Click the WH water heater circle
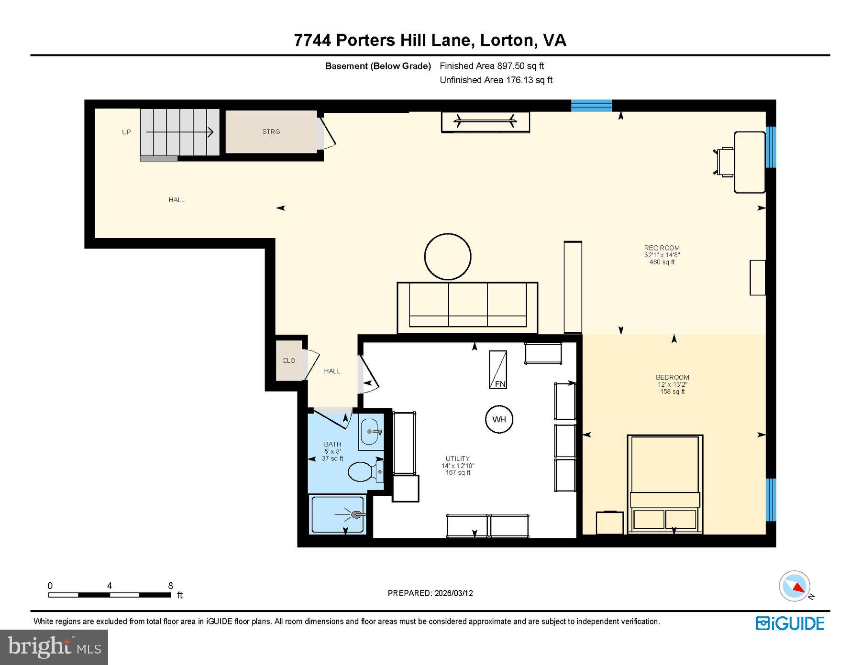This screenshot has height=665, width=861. click(x=499, y=419)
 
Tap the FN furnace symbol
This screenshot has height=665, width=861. click(x=498, y=370)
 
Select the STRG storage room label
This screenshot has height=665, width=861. click(x=271, y=131)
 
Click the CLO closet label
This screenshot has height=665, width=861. click(x=288, y=360)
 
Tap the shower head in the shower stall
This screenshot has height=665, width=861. click(x=356, y=515)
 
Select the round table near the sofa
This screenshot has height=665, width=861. click(x=448, y=257)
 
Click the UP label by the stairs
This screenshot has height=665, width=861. click(x=126, y=132)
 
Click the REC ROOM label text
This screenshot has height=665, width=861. click(x=662, y=248)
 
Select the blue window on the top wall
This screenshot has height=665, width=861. click(x=591, y=105)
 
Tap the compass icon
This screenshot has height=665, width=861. click(x=795, y=586)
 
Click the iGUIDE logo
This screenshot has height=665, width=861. click(x=790, y=623)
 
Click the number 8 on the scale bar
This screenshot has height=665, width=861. click(x=170, y=586)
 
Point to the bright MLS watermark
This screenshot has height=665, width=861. click(x=54, y=647)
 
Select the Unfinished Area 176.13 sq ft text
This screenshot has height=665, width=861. click(x=496, y=80)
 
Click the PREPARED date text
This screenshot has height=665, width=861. click(x=430, y=593)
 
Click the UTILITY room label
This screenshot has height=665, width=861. click(x=458, y=458)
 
